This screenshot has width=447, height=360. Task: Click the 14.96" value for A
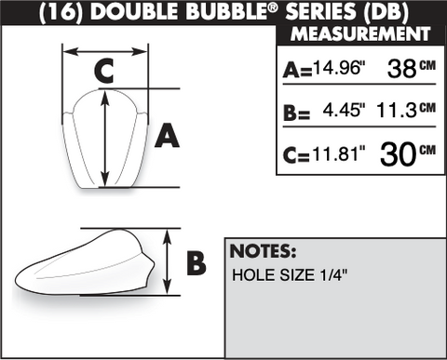pyautogui.click(x=339, y=67)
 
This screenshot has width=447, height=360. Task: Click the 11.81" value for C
pyautogui.click(x=339, y=153)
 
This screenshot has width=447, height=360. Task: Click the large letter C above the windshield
pyautogui.click(x=103, y=72)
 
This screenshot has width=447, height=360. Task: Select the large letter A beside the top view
pyautogui.click(x=167, y=135)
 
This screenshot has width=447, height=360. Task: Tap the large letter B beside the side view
pyautogui.click(x=196, y=263)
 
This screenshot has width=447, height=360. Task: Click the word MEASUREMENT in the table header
pyautogui.click(x=360, y=33)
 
